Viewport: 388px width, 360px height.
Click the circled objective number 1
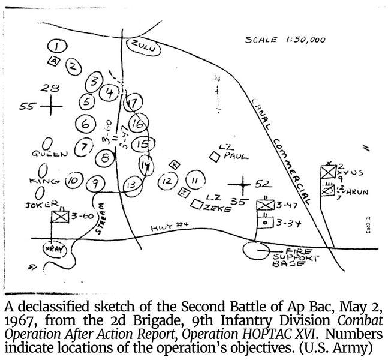pyautogui.click(x=58, y=46)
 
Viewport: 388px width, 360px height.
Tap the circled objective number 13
pyautogui.click(x=132, y=185)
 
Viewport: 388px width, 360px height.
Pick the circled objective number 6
pyautogui.click(x=86, y=124)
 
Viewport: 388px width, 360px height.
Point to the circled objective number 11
pyautogui.click(x=194, y=180)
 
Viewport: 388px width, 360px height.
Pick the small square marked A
pyautogui.click(x=54, y=61)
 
